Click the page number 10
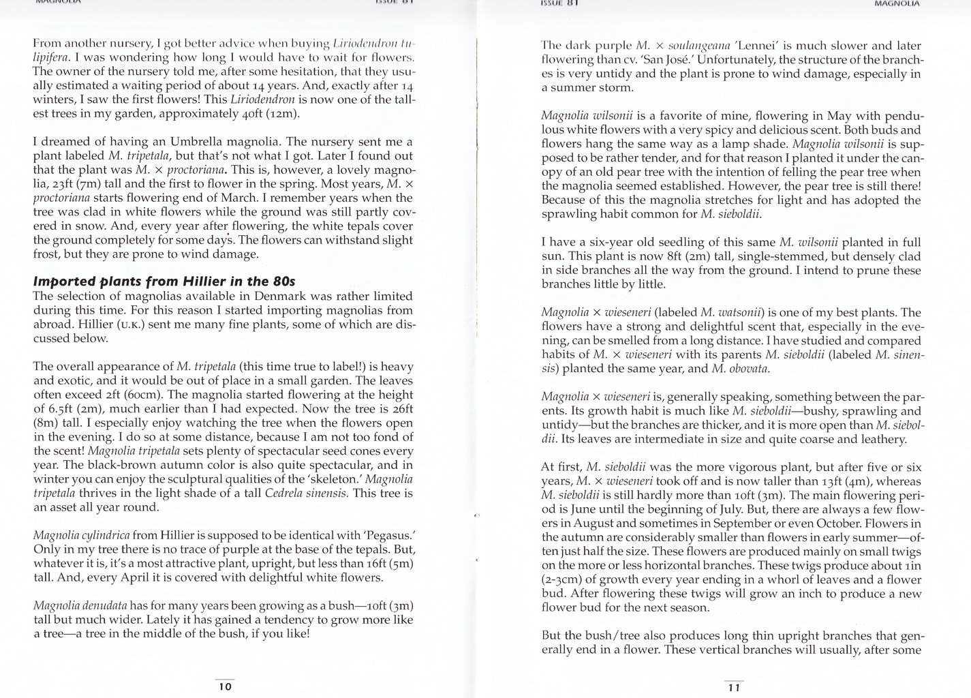point(225,686)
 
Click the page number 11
point(734,688)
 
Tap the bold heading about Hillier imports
point(164,281)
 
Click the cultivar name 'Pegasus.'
point(390,535)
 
